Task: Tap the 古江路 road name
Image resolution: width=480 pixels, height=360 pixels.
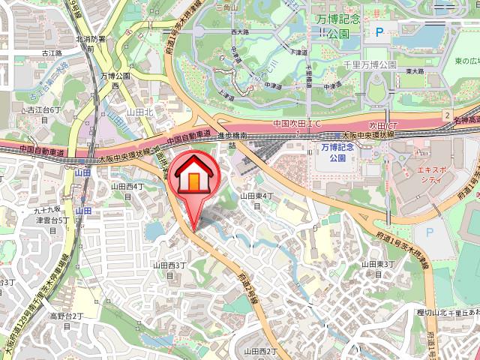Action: pos(51,53)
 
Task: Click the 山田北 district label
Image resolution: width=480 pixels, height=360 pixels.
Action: pos(139,111)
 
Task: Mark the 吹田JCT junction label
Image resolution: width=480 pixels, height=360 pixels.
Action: pos(382,124)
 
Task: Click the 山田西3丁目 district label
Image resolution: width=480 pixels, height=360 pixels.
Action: pos(169,270)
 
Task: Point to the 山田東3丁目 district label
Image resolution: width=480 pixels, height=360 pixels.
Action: pos(374,268)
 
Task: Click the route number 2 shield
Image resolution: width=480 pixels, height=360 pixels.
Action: pos(446,115)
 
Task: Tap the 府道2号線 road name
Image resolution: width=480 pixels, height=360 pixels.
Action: pos(247,287)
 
